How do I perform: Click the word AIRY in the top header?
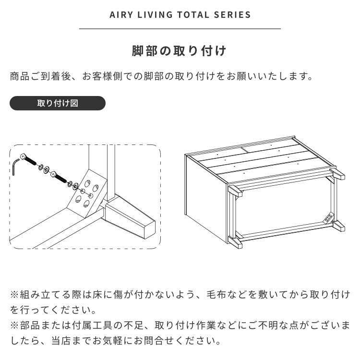point(120,15)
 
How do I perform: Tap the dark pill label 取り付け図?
point(57,103)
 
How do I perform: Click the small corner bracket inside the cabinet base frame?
point(330,216)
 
